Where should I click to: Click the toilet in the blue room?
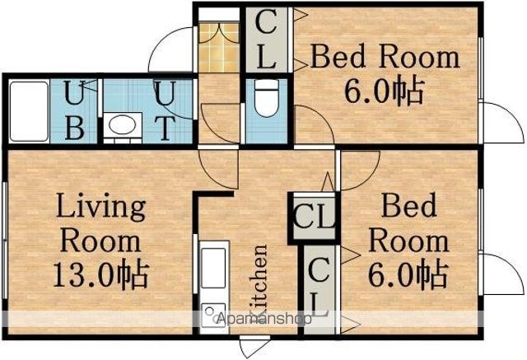[267, 98]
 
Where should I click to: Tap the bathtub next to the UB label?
[30, 111]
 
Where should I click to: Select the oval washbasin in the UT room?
[123, 126]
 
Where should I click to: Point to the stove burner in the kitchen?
[213, 316]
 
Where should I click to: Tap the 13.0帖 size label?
[100, 274]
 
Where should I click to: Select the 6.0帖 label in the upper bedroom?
[384, 91]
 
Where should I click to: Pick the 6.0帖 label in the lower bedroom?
[408, 275]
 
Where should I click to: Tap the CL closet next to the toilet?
[267, 40]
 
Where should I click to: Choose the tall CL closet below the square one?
[319, 289]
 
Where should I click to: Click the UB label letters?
[74, 110]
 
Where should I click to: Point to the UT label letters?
[166, 110]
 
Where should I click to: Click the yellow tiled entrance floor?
[219, 48]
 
